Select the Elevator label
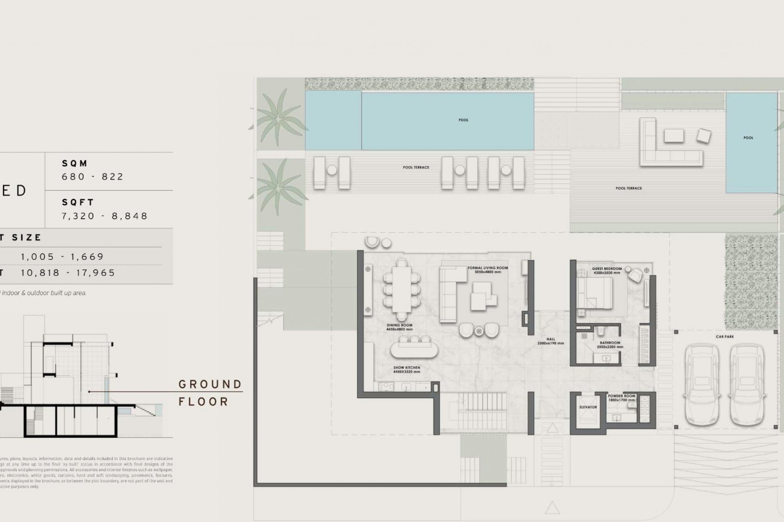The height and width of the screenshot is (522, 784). [588, 407]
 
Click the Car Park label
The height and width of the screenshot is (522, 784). [725, 337]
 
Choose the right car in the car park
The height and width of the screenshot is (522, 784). [746, 385]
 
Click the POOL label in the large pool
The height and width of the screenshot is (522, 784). [463, 120]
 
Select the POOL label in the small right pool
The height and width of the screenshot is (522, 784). [748, 138]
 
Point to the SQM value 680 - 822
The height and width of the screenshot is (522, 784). [92, 177]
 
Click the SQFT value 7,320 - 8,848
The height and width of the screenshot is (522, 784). [105, 216]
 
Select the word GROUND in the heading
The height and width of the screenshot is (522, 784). [210, 384]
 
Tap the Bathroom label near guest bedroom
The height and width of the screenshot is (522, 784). [610, 345]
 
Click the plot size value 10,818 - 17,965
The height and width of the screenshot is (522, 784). [68, 273]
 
